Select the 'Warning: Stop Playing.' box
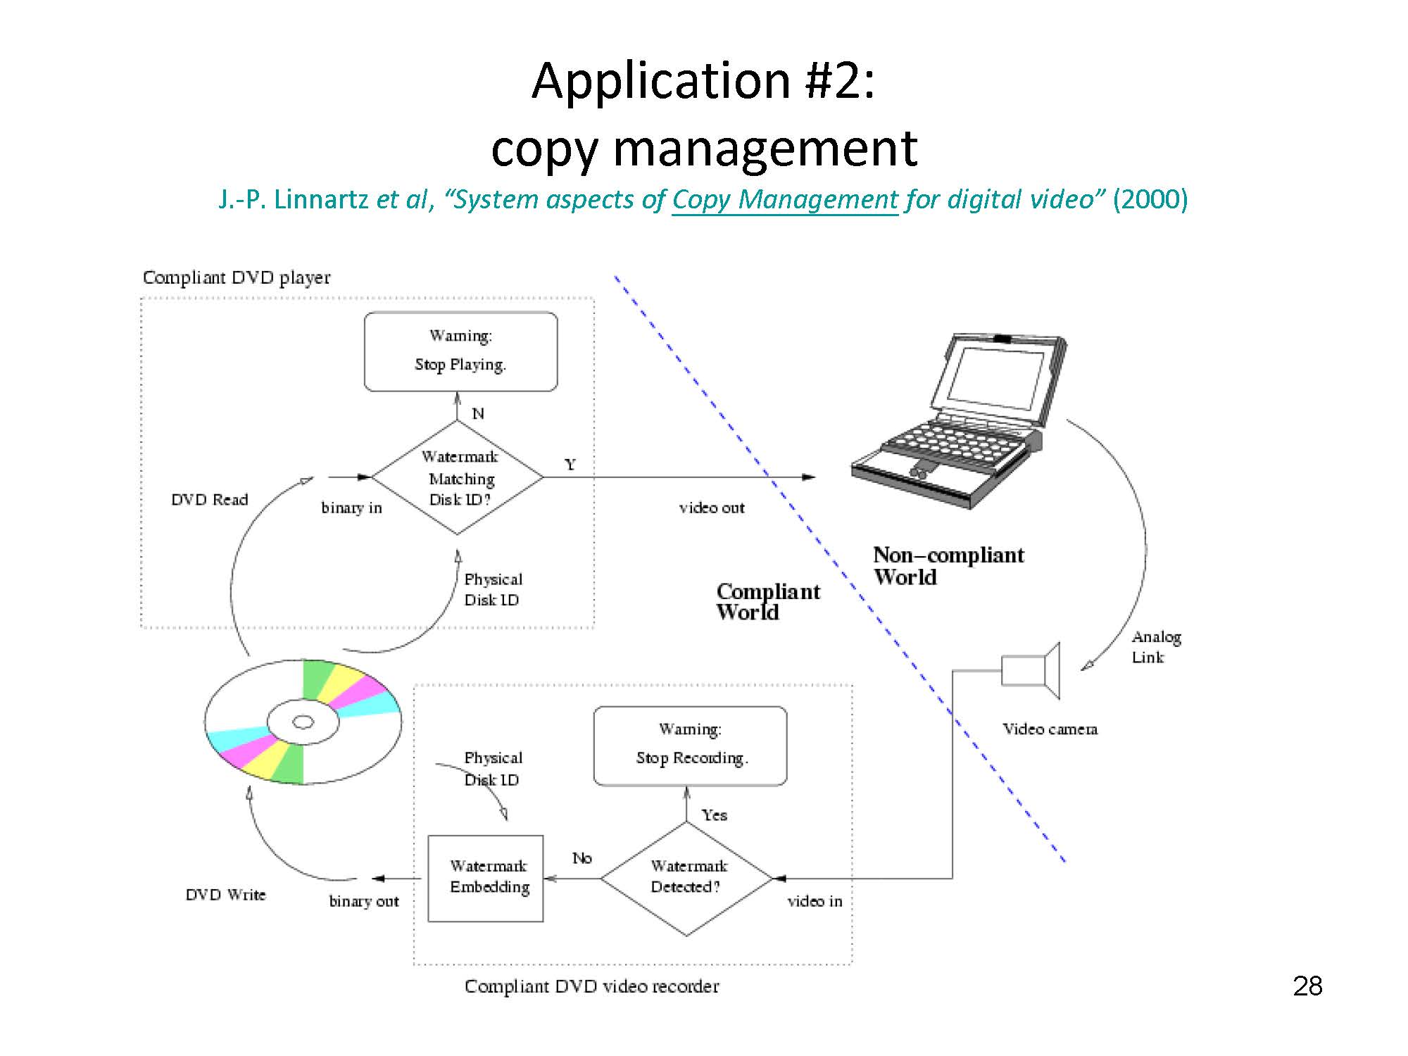[460, 351]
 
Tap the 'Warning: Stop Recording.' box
[690, 746]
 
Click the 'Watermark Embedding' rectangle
[486, 878]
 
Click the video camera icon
[1031, 670]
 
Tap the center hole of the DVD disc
[303, 722]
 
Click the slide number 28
[1307, 986]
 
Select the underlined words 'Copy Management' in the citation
[785, 200]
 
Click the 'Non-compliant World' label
[948, 566]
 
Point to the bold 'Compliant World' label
[768, 601]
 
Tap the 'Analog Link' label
[1156, 647]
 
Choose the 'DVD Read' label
[210, 500]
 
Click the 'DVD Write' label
[226, 895]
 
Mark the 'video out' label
[712, 508]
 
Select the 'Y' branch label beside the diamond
[570, 465]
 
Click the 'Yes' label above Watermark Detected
[715, 815]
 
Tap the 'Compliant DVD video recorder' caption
[592, 986]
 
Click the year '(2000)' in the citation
[1150, 200]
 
